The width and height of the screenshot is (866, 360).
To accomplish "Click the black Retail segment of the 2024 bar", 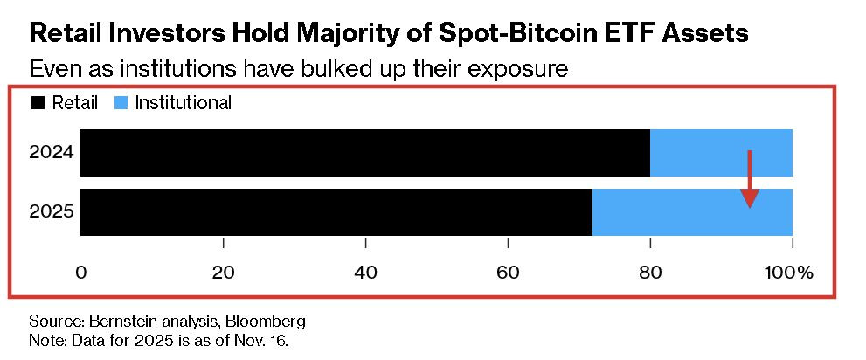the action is [365, 153].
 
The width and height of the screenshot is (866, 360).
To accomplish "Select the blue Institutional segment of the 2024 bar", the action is [721, 153].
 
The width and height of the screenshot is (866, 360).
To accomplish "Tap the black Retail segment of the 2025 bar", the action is [336, 212].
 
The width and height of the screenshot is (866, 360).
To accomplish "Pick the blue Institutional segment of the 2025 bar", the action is [693, 212].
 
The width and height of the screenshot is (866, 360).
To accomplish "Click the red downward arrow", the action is [750, 179].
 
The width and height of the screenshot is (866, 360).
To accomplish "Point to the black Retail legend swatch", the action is [38, 103].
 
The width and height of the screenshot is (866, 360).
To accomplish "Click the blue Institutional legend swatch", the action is [121, 103].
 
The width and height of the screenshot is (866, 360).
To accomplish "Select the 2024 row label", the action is [52, 153].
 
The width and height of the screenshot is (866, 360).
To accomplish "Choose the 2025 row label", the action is [52, 212].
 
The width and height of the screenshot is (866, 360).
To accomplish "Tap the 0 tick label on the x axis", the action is [81, 273].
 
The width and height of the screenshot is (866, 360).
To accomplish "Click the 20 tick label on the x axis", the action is [223, 273].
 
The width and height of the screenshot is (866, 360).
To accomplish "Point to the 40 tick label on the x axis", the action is [365, 273].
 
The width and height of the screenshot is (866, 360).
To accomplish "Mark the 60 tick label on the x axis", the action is [508, 273].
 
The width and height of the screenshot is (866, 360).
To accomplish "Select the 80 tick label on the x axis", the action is [651, 273].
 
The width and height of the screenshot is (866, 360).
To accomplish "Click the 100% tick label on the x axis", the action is [789, 273].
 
